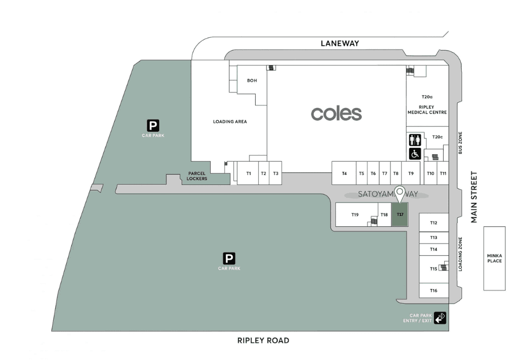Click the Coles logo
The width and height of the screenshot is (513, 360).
(336, 113)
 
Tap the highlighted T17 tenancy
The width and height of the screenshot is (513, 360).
(399, 214)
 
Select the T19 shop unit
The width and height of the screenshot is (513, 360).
(355, 214)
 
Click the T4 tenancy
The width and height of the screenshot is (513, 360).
(344, 174)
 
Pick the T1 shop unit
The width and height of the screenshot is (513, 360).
(248, 174)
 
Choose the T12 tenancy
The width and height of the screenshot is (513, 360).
(433, 223)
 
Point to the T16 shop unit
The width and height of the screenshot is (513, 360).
(433, 291)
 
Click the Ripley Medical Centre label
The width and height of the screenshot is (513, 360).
(427, 109)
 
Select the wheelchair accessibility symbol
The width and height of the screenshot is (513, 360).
(415, 153)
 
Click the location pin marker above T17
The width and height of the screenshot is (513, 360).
(399, 193)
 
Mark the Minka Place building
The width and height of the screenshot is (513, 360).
(494, 258)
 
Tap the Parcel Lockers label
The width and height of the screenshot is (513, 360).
(197, 176)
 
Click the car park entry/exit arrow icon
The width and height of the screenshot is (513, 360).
(440, 318)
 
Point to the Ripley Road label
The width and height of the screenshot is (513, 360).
(263, 340)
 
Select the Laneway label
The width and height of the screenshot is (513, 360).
(339, 43)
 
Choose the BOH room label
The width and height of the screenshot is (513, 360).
(252, 81)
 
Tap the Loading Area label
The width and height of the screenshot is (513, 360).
(230, 122)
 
